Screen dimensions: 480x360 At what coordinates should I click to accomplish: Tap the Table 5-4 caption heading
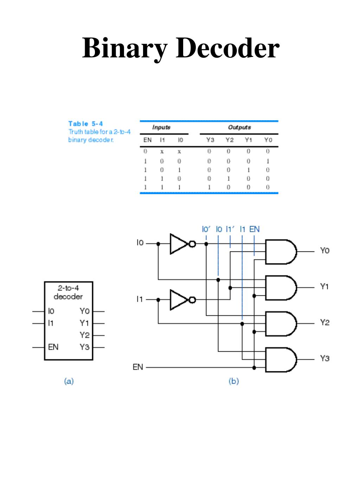pos(85,123)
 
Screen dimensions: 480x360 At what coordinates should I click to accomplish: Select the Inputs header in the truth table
pos(161,127)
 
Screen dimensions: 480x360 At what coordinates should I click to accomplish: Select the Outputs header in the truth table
pos(239,127)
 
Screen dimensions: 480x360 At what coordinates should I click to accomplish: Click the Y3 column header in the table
pos(210,140)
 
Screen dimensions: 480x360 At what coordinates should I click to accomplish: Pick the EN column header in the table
pos(147,140)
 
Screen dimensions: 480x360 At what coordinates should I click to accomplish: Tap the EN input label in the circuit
pos(138,367)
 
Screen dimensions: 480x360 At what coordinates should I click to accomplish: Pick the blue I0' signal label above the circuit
pos(206,229)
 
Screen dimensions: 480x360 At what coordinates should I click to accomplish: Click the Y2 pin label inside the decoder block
pos(84,335)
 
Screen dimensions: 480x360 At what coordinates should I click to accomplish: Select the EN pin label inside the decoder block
pos(53,347)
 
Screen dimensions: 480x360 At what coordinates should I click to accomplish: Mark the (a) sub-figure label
pos(69,381)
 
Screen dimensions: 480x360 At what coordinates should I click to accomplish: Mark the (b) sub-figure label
pos(233,381)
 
